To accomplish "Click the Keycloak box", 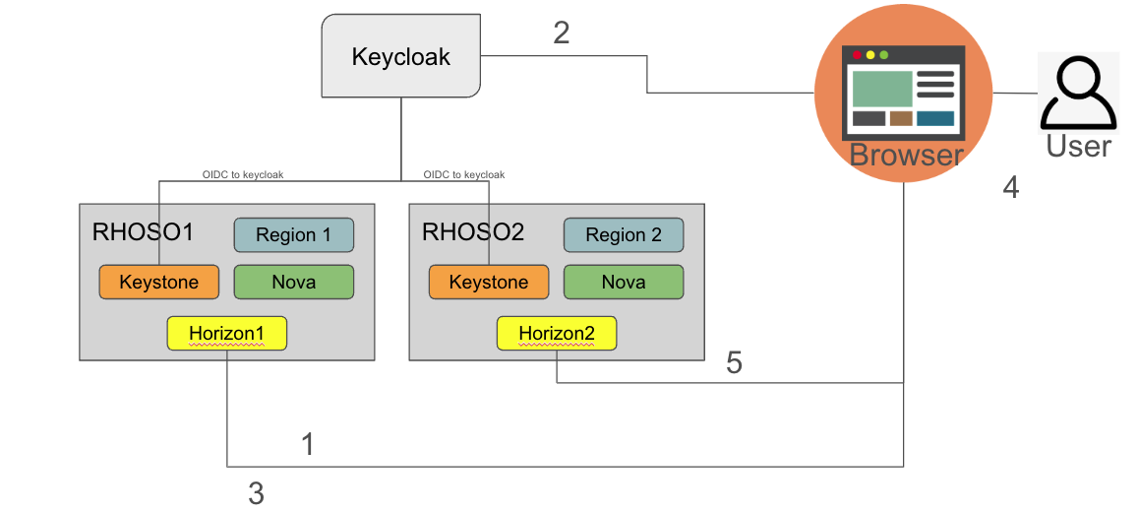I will (x=400, y=56).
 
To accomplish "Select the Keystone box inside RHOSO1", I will (x=158, y=283).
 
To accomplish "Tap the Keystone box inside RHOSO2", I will (x=488, y=283).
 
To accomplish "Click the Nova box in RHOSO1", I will (x=293, y=283).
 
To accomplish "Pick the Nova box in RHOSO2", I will (x=623, y=283).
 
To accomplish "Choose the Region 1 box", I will (x=293, y=235).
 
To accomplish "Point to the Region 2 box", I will (x=623, y=235).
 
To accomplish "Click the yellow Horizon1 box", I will (x=226, y=334).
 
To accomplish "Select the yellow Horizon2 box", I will (x=557, y=334).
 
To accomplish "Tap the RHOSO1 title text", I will (x=143, y=232).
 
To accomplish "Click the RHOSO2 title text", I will (x=472, y=232).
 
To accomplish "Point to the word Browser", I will (x=906, y=155).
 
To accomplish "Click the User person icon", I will (x=1078, y=93).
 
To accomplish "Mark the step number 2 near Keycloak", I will (x=562, y=32).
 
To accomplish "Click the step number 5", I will (x=734, y=363).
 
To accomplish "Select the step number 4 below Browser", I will (x=1010, y=187).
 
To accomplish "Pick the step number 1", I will (x=307, y=445).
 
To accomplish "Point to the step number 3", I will (x=256, y=493).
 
